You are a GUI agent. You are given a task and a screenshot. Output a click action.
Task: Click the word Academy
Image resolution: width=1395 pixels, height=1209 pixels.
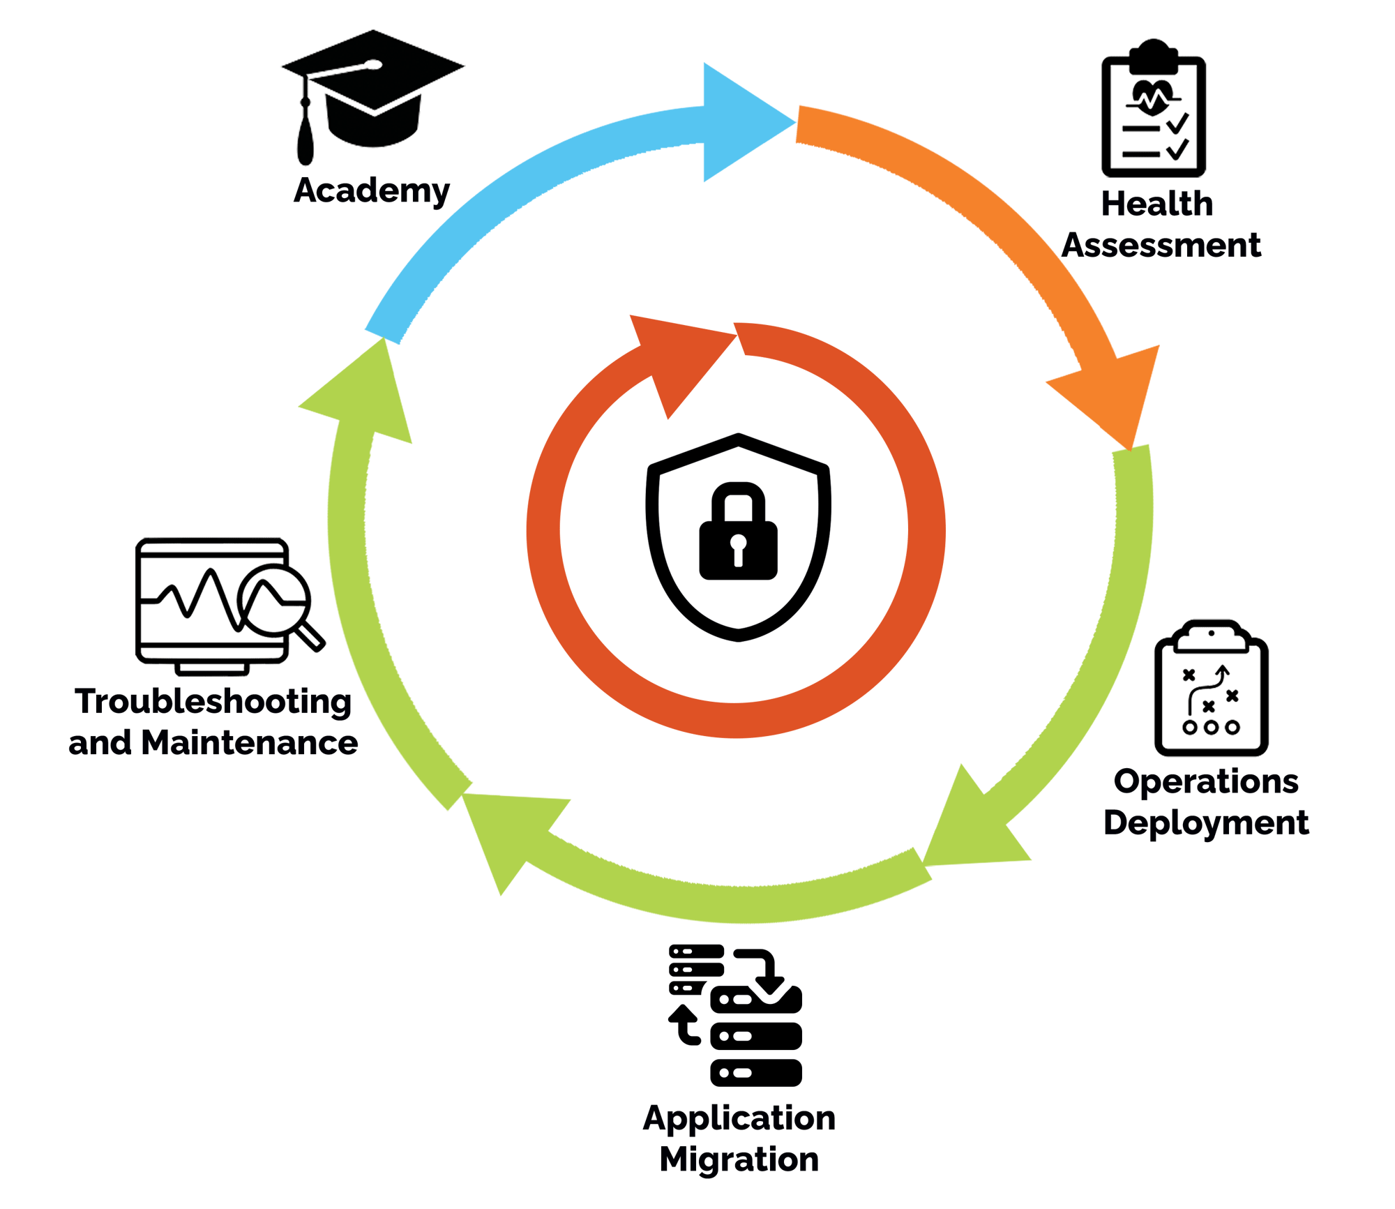(x=372, y=190)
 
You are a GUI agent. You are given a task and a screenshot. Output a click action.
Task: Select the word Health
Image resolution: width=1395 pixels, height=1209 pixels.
(x=1157, y=204)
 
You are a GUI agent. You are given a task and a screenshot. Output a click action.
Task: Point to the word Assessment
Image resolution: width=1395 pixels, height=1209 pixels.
(x=1161, y=246)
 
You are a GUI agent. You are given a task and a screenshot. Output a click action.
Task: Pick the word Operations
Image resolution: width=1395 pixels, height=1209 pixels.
(x=1206, y=781)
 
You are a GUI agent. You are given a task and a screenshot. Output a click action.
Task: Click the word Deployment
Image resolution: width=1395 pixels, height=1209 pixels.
(x=1206, y=823)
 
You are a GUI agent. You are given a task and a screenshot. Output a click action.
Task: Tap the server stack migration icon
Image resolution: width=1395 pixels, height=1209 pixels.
(x=736, y=1014)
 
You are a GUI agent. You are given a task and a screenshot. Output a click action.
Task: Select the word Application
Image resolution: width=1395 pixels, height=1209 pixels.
(x=739, y=1118)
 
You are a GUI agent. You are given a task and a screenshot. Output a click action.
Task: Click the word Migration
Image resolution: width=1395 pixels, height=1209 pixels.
(x=739, y=1159)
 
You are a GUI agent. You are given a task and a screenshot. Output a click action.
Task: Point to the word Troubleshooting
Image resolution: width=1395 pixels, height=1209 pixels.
(x=213, y=701)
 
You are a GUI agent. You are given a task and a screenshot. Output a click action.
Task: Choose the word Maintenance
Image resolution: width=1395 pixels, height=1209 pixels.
(x=250, y=743)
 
